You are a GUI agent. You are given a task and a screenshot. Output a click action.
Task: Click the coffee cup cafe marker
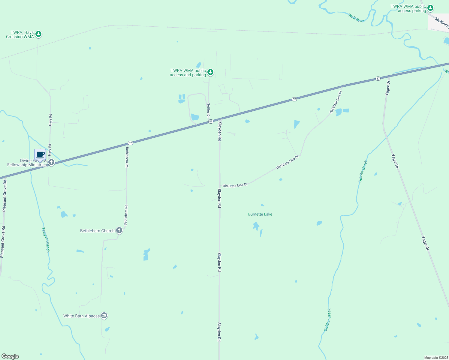click(40, 155)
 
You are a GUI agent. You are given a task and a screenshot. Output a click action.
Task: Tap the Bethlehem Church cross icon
click(119, 230)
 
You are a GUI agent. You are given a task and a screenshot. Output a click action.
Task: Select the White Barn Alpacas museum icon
click(104, 316)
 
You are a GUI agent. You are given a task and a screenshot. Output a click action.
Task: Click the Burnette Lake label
click(260, 214)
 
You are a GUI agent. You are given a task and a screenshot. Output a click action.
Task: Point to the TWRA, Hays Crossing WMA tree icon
click(38, 34)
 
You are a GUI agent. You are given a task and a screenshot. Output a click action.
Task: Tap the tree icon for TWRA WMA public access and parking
click(211, 72)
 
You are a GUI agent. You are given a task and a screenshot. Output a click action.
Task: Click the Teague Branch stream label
click(45, 240)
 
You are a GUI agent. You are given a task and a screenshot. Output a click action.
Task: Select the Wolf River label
click(356, 18)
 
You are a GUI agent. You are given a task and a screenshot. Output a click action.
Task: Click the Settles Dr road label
click(208, 110)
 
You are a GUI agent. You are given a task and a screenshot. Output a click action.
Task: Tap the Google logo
click(10, 356)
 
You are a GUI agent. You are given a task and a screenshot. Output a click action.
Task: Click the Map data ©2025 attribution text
click(436, 358)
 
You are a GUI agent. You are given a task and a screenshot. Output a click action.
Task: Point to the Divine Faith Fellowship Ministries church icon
click(51, 163)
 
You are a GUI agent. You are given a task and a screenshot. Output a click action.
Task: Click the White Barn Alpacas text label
click(81, 316)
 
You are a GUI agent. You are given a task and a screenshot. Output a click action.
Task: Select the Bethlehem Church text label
click(97, 231)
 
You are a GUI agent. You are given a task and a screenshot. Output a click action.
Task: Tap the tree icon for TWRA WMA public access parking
click(430, 8)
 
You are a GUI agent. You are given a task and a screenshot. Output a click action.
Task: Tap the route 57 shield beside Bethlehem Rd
click(130, 143)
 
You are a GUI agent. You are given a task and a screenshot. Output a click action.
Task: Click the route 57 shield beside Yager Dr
click(378, 79)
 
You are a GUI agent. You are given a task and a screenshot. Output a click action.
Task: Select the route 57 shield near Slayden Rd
click(211, 121)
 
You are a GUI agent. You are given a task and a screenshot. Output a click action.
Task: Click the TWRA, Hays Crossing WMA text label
click(20, 34)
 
